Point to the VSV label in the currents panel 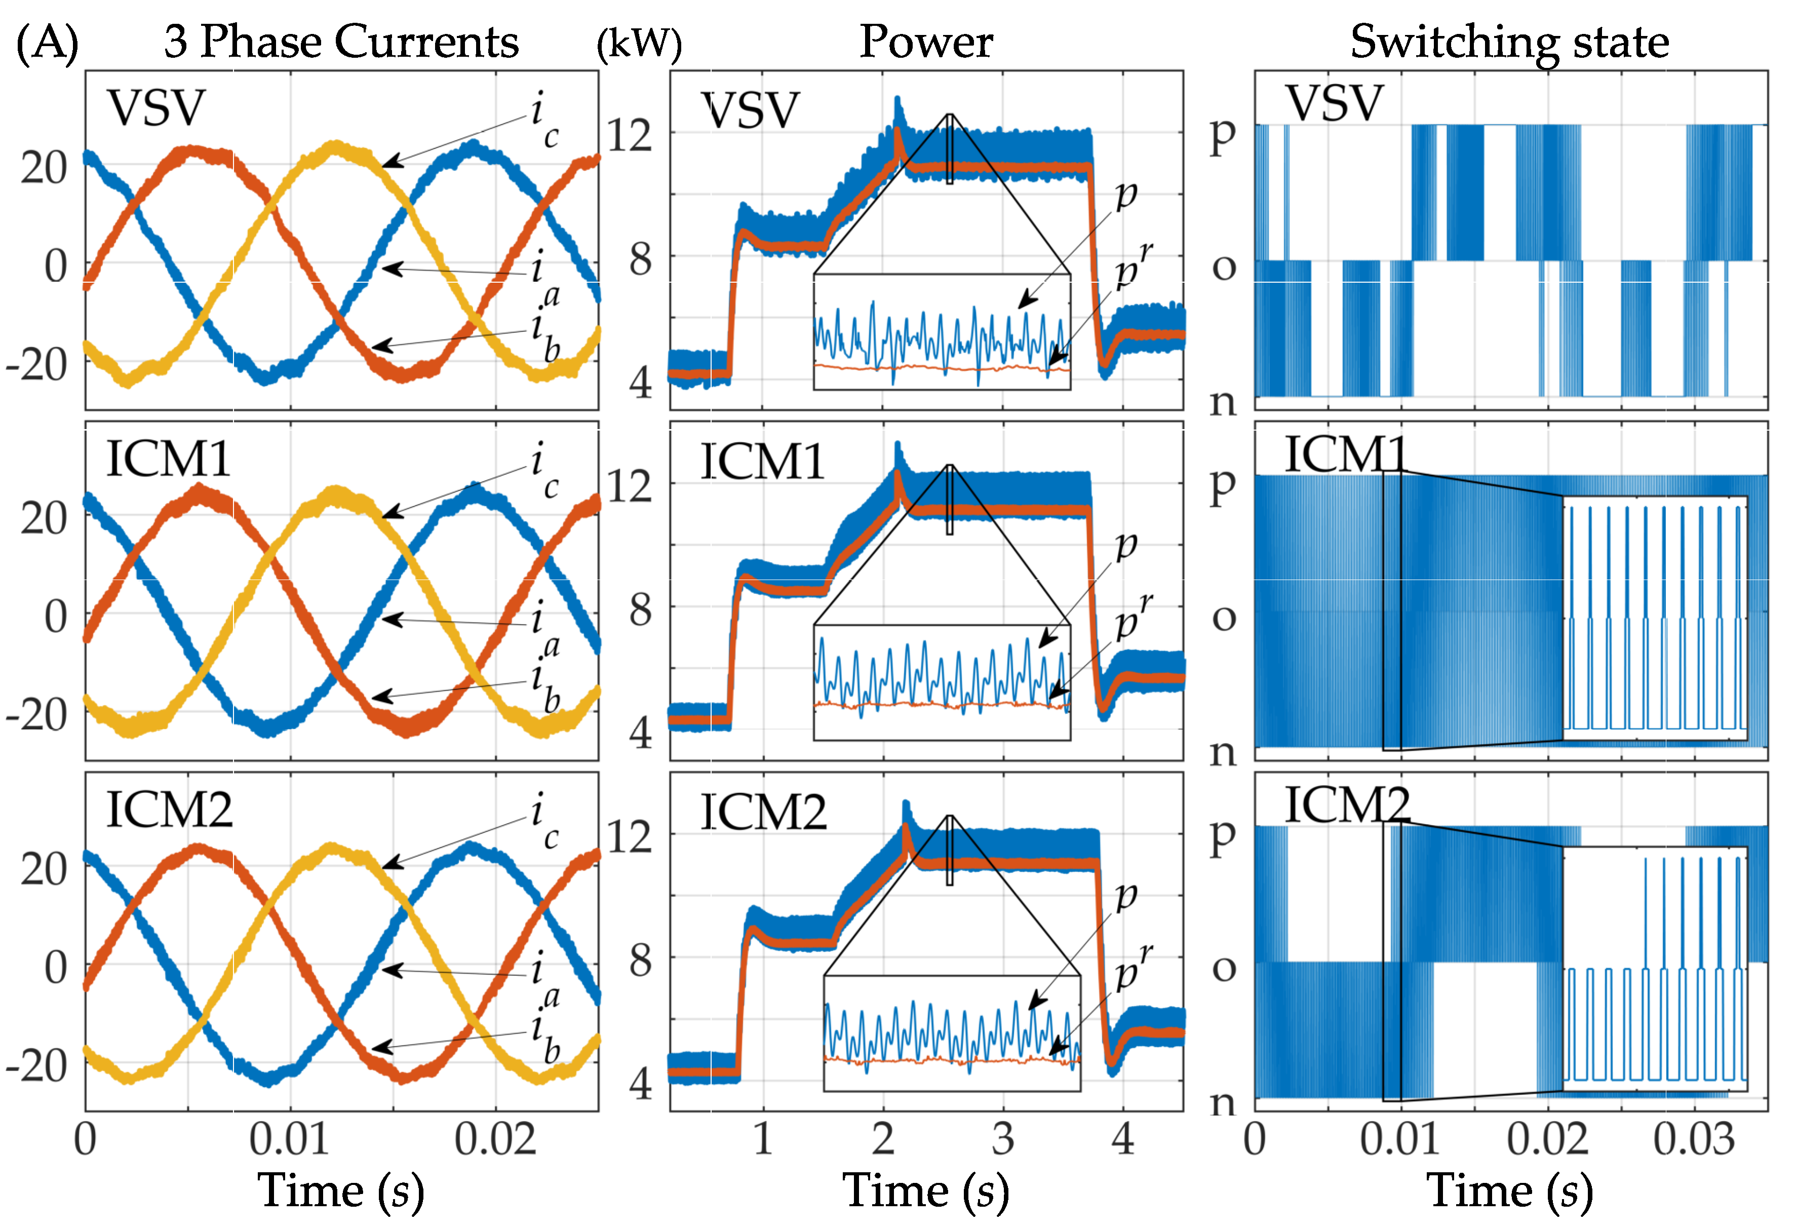pos(156,108)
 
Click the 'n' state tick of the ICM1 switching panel pos(1223,751)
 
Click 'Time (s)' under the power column pos(926,1190)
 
